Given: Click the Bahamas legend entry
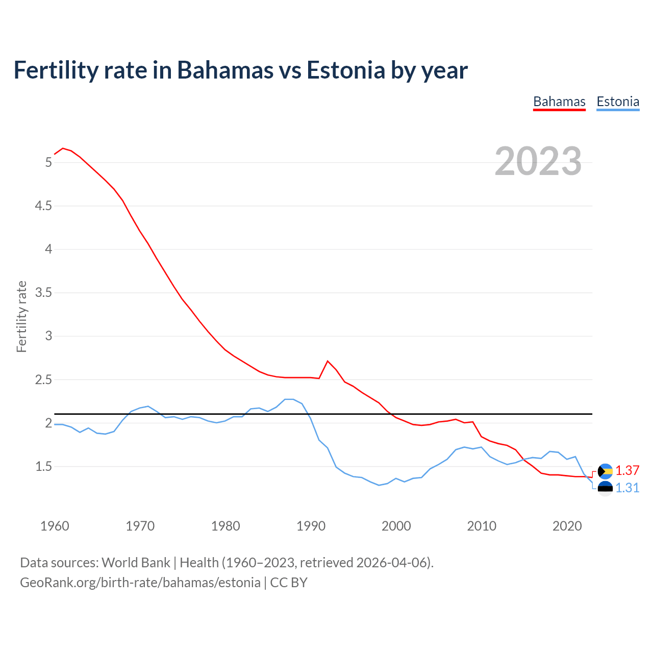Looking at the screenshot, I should (559, 102).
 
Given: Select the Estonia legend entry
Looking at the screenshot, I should (618, 102).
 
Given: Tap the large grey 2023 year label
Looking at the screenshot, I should (538, 161).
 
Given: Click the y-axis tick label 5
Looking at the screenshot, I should (48, 162).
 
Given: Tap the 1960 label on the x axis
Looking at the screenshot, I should (55, 526).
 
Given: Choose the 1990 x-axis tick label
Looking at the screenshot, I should (311, 526).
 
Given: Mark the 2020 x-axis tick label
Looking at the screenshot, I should (567, 526).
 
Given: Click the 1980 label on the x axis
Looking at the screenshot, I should (225, 526).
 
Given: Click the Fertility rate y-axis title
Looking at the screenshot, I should (21, 316).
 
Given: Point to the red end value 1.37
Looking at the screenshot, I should (627, 470).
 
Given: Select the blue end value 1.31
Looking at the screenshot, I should (627, 488).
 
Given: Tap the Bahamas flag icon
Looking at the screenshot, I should (605, 471).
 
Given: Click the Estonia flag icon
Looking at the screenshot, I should (605, 489).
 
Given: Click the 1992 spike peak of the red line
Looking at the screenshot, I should (328, 361).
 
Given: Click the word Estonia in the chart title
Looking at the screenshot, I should (345, 70).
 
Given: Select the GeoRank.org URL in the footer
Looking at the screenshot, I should (140, 583).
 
